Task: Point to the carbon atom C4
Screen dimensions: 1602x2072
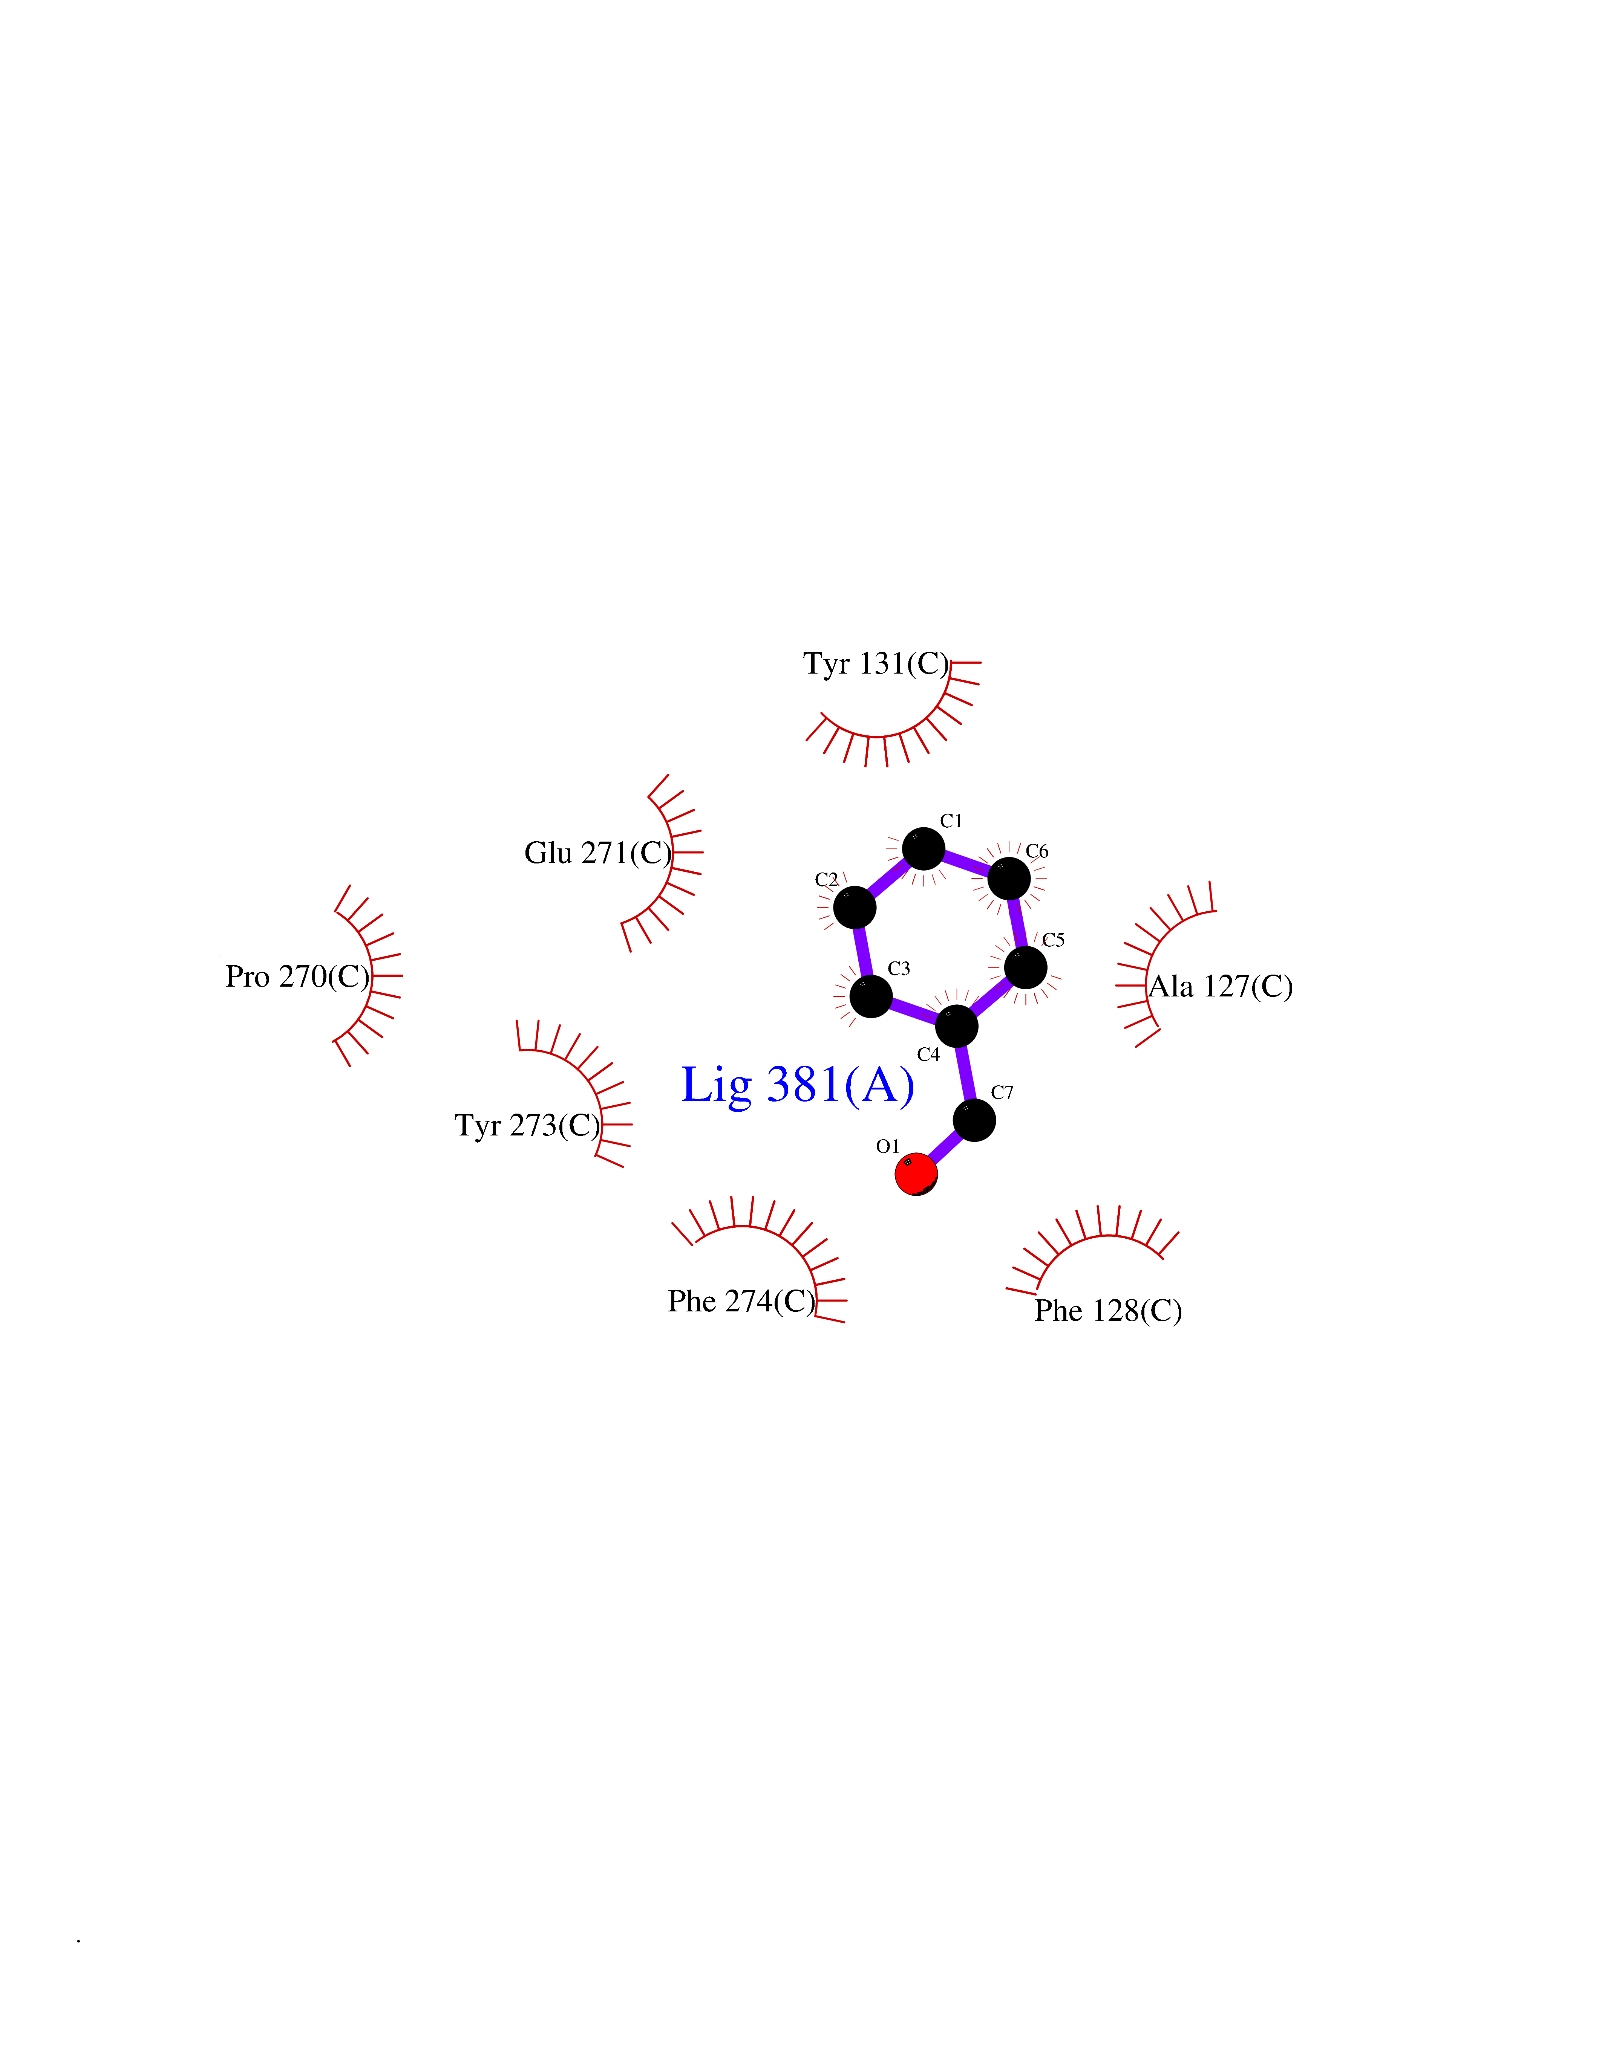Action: pos(957,1025)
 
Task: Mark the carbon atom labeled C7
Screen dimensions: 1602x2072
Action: pos(974,1120)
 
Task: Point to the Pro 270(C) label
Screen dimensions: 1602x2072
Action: pos(297,976)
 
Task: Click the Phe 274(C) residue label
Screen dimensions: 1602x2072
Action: pos(741,1301)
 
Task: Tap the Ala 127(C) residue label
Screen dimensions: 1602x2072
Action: pos(1221,987)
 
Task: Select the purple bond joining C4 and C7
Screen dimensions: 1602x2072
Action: pos(965,1073)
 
